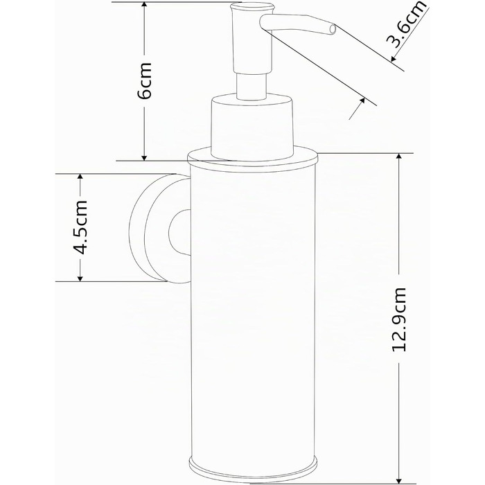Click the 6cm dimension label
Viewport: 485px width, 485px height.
144,81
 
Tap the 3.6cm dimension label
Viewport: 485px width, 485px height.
406,25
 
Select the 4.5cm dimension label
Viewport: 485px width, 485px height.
80,227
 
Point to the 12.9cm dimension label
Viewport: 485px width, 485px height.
398,319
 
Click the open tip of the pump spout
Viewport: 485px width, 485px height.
333,29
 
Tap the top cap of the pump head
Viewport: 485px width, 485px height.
252,6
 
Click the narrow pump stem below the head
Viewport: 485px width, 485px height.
252,86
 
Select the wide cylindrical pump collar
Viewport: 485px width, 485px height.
252,127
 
